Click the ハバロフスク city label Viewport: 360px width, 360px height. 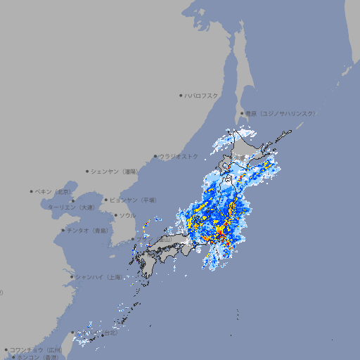click(202, 95)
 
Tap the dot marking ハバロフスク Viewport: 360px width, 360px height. click(181, 95)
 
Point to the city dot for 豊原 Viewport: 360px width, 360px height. click(242, 113)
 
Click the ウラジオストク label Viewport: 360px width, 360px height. click(179, 156)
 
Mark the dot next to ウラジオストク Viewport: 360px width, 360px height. click(155, 156)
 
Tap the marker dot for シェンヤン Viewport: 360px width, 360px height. click(88, 171)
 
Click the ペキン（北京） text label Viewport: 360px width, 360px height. click(54, 191)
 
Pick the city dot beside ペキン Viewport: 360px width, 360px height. click(32, 191)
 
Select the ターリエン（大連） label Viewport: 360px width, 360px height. click(70, 208)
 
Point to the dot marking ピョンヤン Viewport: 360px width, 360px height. click(107, 200)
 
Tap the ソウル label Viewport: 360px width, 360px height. click(127, 215)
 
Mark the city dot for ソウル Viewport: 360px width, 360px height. click(115, 215)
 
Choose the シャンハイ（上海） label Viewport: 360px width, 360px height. click(98, 277)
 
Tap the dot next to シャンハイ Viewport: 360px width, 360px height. click(72, 277)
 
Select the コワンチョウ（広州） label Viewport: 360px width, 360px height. click(36, 349)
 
